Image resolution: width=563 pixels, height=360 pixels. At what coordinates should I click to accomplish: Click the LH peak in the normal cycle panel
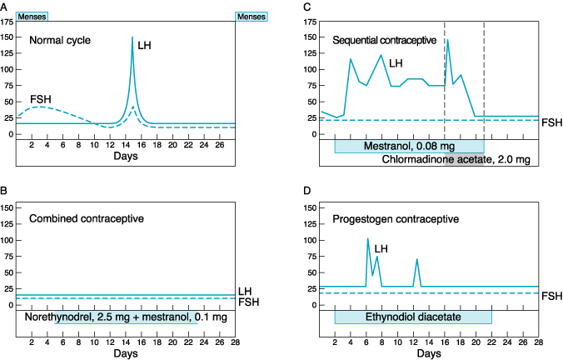(132, 37)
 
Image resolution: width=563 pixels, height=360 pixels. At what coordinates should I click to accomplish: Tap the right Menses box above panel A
(252, 16)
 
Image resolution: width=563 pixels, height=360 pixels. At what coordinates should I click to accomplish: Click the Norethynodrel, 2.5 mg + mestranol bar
(127, 317)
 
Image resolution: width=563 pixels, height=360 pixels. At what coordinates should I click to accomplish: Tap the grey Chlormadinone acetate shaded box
(464, 159)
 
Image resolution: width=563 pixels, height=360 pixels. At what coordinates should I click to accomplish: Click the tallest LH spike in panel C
(447, 40)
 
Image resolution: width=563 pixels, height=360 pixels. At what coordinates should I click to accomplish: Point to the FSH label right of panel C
(552, 122)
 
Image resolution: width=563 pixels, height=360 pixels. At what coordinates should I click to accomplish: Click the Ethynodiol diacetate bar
(413, 317)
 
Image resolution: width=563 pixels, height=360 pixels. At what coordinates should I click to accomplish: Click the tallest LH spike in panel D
(368, 238)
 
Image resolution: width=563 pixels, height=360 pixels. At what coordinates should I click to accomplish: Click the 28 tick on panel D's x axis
(538, 342)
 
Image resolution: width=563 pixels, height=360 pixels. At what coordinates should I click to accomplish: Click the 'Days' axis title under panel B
(126, 354)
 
